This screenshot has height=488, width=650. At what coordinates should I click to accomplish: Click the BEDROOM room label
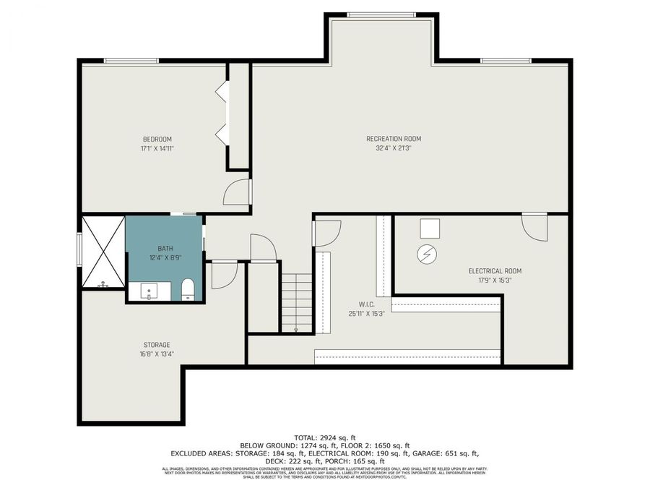tap(157, 139)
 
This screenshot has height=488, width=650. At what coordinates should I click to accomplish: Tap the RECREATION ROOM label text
tap(393, 139)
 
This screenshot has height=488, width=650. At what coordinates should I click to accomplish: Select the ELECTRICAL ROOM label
tap(495, 271)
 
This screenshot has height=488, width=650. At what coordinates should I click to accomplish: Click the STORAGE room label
tap(157, 345)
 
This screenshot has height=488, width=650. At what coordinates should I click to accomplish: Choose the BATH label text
tap(165, 249)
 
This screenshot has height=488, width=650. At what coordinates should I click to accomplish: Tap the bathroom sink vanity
tap(150, 291)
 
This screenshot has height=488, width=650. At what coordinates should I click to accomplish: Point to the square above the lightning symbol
tap(430, 228)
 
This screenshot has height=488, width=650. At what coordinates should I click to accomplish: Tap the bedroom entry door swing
tap(236, 192)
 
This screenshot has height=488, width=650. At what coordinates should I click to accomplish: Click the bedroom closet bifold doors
tap(222, 113)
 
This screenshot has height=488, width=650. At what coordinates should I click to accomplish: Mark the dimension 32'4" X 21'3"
tap(393, 148)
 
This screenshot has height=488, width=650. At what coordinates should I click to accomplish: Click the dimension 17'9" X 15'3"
tap(495, 281)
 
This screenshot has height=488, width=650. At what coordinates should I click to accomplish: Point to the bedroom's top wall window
tap(131, 61)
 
